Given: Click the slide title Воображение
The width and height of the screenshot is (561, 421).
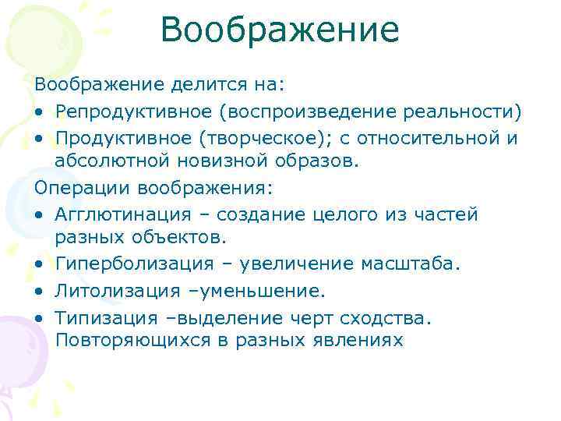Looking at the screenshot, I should point(280,31).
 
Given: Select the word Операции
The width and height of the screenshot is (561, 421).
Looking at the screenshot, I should point(83,187).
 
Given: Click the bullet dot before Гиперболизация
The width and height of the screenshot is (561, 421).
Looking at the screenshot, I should point(38,266).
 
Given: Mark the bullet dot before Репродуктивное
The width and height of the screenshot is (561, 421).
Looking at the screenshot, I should point(38,112).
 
